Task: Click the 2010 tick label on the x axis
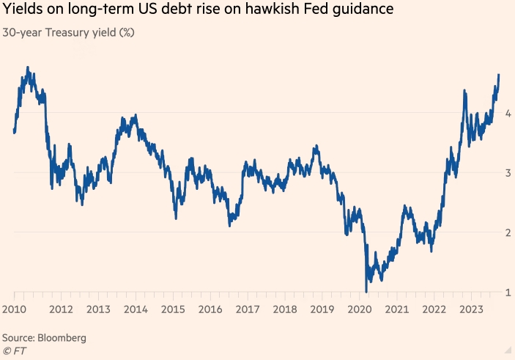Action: [14, 309]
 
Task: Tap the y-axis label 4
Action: [507, 113]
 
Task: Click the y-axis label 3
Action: [507, 172]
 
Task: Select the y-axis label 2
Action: [507, 232]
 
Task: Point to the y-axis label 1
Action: [507, 293]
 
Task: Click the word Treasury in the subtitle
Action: [67, 33]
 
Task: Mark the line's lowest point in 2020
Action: [365, 291]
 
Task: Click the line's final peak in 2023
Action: [498, 75]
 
